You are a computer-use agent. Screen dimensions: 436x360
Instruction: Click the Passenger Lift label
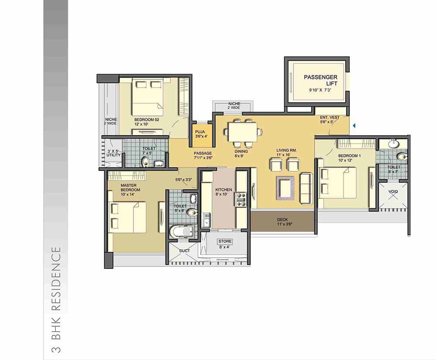coord(320,80)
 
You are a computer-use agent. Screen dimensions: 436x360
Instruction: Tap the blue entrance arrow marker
coord(354,126)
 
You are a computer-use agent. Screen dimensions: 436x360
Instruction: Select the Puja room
coord(201,135)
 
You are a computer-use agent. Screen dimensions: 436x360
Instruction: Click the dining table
coord(242,132)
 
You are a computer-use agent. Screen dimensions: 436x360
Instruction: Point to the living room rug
coord(285,188)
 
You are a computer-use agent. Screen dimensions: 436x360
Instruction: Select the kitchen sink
coord(206,220)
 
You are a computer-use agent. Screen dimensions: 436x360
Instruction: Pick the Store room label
coord(225,241)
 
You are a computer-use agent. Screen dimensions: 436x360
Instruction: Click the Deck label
coord(282,220)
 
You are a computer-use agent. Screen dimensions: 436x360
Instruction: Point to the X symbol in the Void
coord(393,196)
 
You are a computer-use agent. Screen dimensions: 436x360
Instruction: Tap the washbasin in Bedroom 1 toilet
coord(393,144)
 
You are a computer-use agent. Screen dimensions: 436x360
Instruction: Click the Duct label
coord(184,251)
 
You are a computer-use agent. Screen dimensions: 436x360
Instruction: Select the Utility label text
coord(113,155)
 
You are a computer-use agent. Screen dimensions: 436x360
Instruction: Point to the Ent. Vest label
coord(330,117)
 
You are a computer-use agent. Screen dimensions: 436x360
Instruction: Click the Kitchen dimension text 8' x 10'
coord(221,194)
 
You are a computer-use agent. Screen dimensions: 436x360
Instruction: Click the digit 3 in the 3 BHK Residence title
coord(56,349)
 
